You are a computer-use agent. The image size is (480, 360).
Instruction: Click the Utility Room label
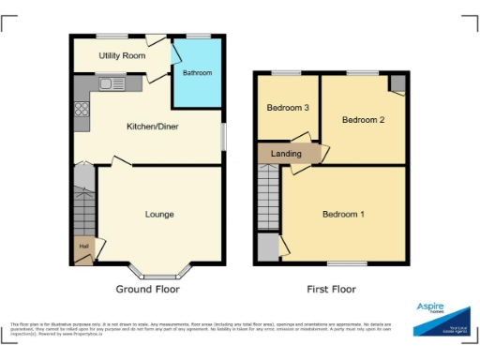pyautogui.click(x=122, y=56)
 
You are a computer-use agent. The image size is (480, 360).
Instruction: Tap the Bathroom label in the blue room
pyautogui.click(x=197, y=73)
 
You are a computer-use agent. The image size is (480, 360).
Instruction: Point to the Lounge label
pyautogui.click(x=159, y=215)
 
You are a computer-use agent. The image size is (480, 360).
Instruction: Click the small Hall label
pyautogui.click(x=84, y=247)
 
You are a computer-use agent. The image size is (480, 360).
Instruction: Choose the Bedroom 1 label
pyautogui.click(x=344, y=215)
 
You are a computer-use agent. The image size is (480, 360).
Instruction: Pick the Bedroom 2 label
pyautogui.click(x=364, y=120)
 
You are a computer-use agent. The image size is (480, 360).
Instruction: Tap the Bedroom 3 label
pyautogui.click(x=288, y=108)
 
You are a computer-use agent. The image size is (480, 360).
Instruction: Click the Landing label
pyautogui.click(x=286, y=154)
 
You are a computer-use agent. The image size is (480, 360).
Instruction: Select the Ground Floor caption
pyautogui.click(x=147, y=290)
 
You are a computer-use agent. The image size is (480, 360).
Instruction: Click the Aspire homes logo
pyautogui.click(x=441, y=317)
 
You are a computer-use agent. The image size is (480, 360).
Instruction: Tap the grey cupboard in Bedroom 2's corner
pyautogui.click(x=398, y=82)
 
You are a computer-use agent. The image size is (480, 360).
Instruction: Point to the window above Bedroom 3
pyautogui.click(x=287, y=72)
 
